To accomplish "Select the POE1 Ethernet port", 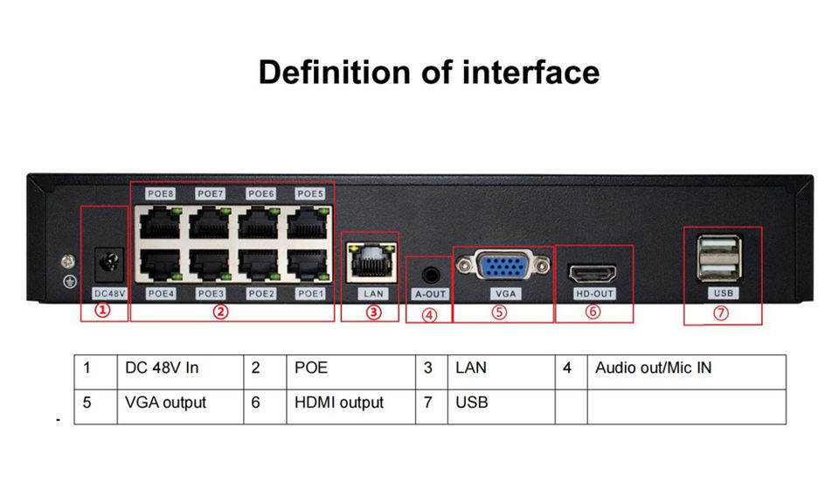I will click(x=309, y=265).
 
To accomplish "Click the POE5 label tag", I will click(x=309, y=193).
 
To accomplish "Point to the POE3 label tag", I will click(x=211, y=293).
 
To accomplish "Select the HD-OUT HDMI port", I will click(x=593, y=272).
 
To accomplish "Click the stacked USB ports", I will click(x=720, y=257).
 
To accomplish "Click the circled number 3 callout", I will click(x=373, y=312).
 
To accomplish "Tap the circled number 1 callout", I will click(x=103, y=311).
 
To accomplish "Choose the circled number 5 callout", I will click(x=499, y=312).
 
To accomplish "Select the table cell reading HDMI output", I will click(x=339, y=402).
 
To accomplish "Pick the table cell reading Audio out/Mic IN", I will click(x=653, y=368).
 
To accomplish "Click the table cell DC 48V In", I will click(x=162, y=368).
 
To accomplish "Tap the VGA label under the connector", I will click(x=505, y=294).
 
